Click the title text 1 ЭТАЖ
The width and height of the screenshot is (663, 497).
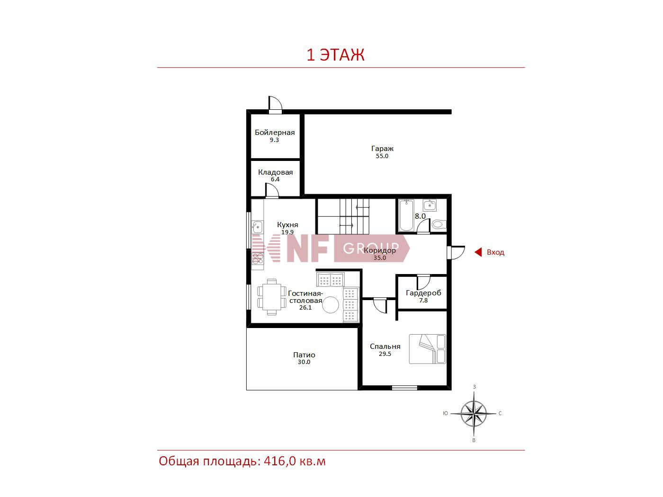click(x=335, y=55)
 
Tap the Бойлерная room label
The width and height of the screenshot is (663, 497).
click(x=275, y=133)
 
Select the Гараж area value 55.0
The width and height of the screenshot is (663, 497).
click(x=382, y=156)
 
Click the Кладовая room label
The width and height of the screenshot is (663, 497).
click(x=275, y=172)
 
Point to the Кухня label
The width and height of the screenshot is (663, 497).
click(x=287, y=225)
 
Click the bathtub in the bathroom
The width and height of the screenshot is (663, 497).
click(x=406, y=215)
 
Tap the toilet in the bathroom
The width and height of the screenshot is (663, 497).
click(x=439, y=224)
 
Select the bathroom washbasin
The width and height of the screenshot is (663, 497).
click(x=429, y=205)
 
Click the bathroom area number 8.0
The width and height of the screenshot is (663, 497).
click(x=420, y=216)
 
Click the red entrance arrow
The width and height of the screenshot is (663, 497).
click(x=478, y=252)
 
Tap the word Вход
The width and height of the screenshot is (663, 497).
click(x=495, y=252)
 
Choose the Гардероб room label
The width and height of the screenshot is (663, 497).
click(x=423, y=293)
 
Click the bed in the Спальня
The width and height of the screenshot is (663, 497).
click(x=428, y=349)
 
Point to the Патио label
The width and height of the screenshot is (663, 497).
click(x=304, y=355)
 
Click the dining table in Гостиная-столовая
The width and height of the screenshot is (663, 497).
click(x=272, y=297)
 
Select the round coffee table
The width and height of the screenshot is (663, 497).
click(x=331, y=305)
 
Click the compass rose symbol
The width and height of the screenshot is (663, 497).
click(x=474, y=413)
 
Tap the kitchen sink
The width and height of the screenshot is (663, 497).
click(x=257, y=227)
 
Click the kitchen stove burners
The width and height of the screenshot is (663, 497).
click(x=258, y=258)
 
